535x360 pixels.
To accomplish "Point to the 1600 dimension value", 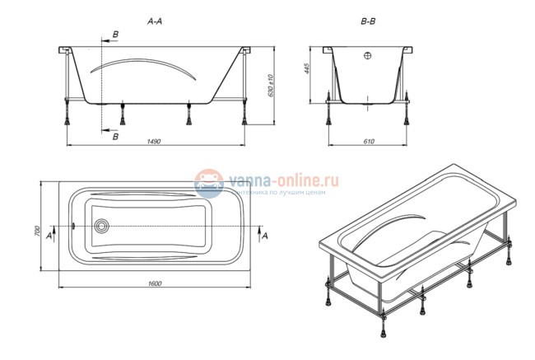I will coord(155,284).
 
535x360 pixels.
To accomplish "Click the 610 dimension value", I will coord(368,141).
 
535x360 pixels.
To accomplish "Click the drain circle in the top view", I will coord(102,225).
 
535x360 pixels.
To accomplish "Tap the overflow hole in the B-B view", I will coord(368,56).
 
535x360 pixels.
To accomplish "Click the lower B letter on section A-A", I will coord(114,136).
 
